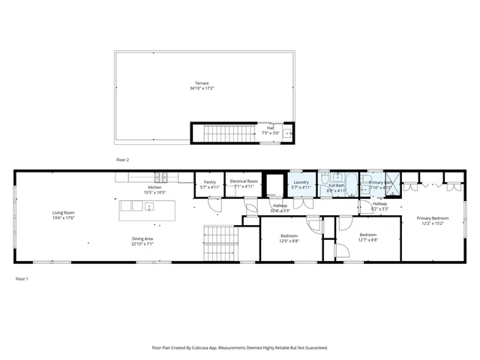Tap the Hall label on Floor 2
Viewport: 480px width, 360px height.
[x=270, y=127]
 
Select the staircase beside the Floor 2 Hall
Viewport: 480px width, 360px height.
[x=224, y=133]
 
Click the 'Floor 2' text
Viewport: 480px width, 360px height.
[x=122, y=160]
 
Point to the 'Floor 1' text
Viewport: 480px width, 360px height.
[x=22, y=278]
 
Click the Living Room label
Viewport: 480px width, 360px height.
[x=63, y=213]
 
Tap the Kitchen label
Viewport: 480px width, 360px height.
[x=154, y=187]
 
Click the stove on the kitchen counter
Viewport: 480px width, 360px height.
[x=161, y=178]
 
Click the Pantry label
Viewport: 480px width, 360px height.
[x=209, y=181]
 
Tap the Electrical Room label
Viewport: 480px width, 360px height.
[x=244, y=181]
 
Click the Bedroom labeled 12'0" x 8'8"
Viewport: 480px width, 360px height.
[x=289, y=236]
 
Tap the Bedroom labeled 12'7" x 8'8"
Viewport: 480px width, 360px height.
[x=367, y=236]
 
